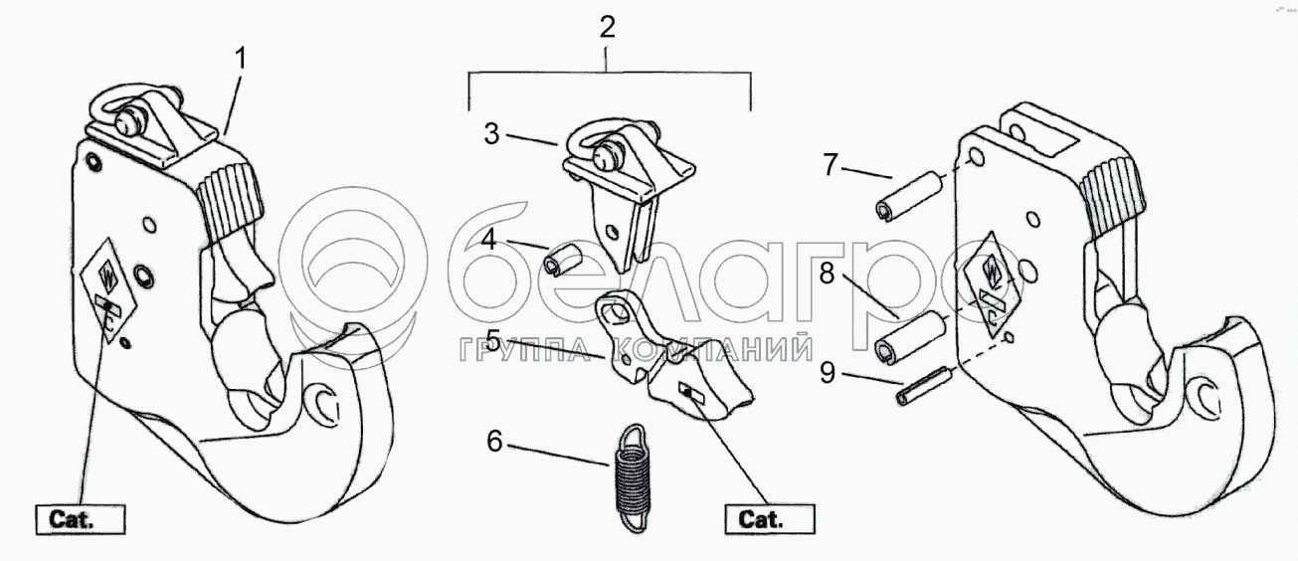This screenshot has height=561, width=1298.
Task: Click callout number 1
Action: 240,59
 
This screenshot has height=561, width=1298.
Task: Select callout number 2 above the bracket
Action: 607,28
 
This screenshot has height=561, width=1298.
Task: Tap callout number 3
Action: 491,134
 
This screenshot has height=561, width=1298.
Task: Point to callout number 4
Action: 491,240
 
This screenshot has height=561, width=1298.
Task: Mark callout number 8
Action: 833,274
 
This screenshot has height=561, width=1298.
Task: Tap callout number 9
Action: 833,376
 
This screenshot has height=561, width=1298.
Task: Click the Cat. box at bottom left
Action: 80,518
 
